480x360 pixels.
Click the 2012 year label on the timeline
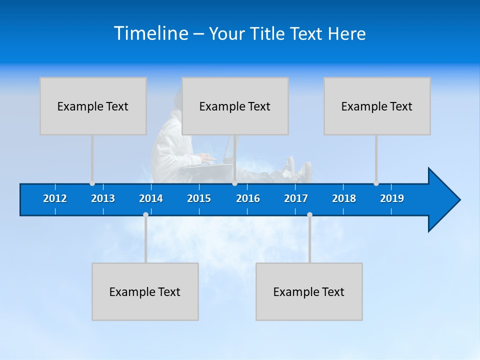55,198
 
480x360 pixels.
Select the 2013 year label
103,198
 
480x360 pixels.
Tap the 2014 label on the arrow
151,198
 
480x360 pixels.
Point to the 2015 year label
199,198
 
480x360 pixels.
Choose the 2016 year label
248,198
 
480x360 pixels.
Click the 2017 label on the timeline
296,198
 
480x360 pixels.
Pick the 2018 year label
344,198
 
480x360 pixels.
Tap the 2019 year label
392,198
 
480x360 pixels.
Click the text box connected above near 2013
93,106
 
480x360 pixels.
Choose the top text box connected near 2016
235,106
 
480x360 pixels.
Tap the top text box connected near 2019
377,106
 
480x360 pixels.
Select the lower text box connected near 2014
145,291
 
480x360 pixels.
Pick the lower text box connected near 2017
309,291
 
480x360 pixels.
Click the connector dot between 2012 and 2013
92,183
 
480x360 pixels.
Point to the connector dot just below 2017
309,214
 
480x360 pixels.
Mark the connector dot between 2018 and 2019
376,183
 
